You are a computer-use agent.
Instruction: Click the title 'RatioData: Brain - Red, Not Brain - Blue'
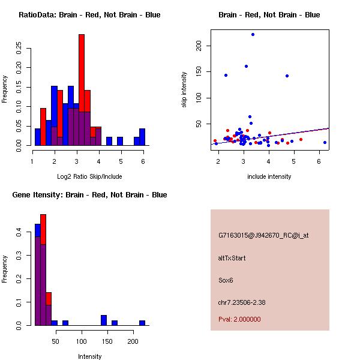click(89, 15)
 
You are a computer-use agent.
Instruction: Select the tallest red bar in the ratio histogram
click(82, 90)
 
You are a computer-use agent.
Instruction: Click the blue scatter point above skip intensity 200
click(253, 34)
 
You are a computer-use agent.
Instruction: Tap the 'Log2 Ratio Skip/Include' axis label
click(89, 177)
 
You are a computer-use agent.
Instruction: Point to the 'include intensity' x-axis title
click(269, 177)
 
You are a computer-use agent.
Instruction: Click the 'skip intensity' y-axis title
click(185, 90)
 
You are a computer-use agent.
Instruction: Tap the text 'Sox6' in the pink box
click(227, 280)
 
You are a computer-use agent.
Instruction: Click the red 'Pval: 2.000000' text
click(239, 320)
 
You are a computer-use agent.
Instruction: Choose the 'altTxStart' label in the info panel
click(232, 259)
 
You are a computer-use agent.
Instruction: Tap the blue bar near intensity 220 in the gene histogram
click(142, 323)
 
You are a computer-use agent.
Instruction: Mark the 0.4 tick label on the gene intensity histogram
click(19, 231)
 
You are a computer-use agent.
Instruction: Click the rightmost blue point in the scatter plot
click(325, 142)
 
